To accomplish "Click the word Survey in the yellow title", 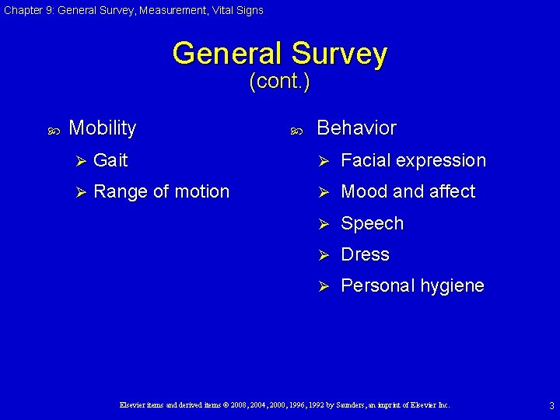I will click(338, 54).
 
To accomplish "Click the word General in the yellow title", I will click(228, 54).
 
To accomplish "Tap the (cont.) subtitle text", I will click(279, 81).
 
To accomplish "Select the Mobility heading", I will click(102, 128).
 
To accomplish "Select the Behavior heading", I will click(356, 128).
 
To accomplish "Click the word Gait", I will click(110, 160).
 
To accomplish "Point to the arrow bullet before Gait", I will click(78, 161).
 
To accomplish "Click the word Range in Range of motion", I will click(119, 192).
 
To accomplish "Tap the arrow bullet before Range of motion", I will click(78, 192).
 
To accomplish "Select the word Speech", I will click(373, 224).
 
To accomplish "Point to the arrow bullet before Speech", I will click(327, 224).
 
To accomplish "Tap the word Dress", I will click(365, 254).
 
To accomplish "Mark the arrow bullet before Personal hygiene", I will click(327, 286).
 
